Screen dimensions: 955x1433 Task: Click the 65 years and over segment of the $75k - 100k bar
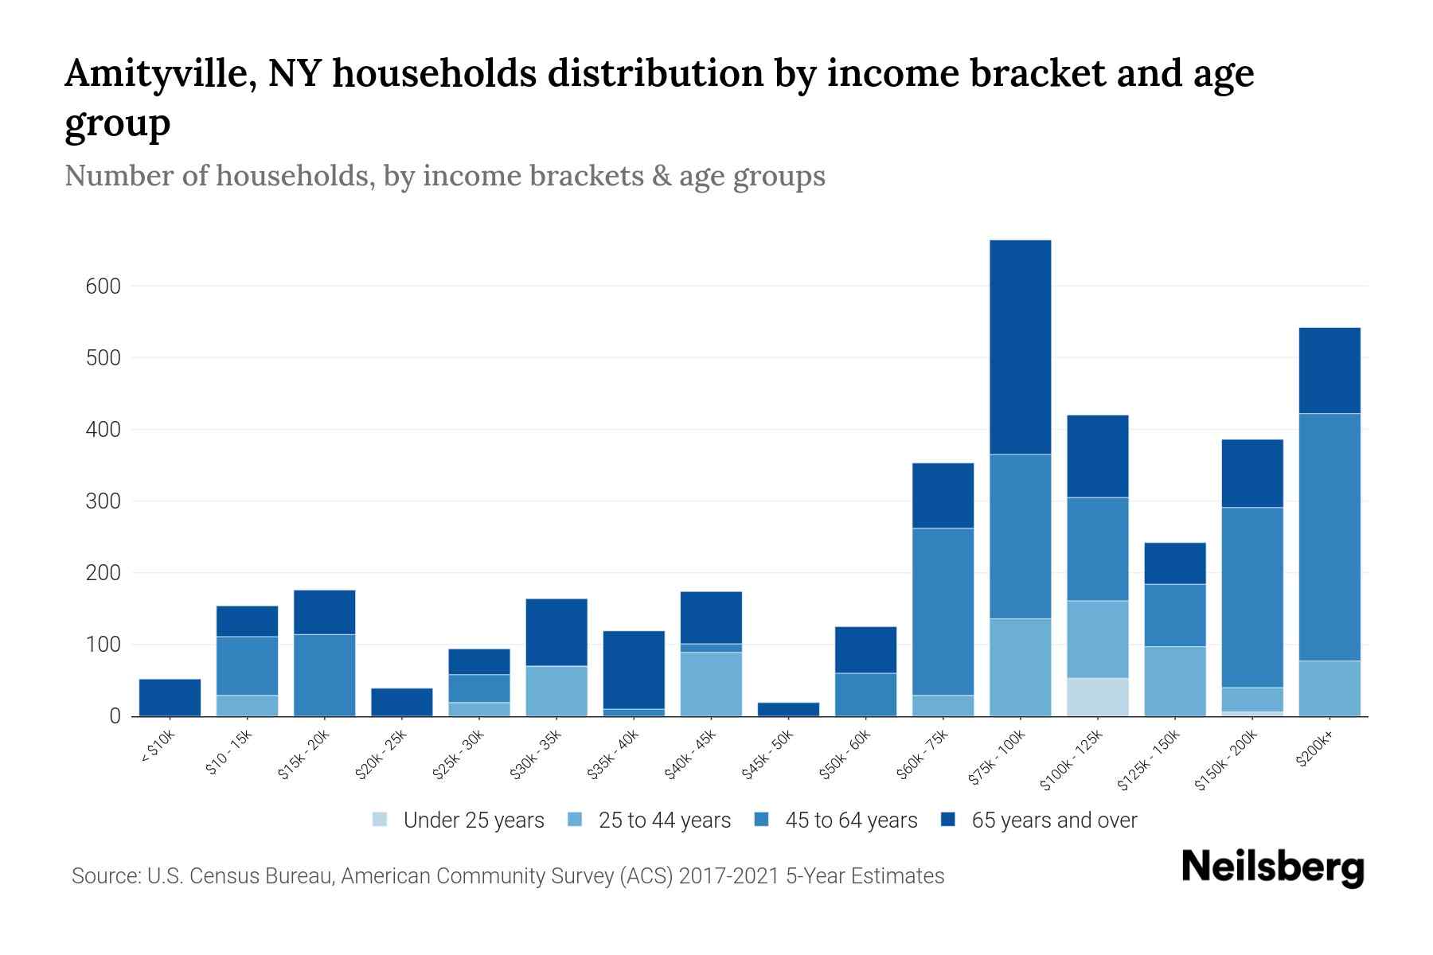pos(1020,347)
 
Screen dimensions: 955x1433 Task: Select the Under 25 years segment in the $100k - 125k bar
pos(1097,697)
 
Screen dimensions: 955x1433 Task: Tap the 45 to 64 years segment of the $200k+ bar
pos(1329,537)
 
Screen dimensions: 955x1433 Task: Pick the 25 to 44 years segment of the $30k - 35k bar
pos(556,691)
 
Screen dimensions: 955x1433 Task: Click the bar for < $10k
pos(170,697)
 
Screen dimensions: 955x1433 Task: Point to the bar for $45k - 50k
pos(788,709)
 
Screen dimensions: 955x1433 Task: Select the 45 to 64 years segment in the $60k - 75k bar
pos(943,611)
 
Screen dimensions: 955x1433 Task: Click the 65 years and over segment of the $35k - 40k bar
pos(634,669)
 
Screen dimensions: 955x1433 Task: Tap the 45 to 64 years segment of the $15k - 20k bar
pos(324,675)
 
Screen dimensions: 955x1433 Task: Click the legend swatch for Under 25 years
pos(381,820)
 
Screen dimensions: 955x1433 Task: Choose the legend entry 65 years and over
pos(1053,821)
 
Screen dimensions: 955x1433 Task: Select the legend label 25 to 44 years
pos(664,821)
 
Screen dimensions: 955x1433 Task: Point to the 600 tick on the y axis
pos(103,286)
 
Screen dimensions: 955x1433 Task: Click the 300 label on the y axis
pos(103,501)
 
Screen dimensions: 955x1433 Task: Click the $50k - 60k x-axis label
pos(845,756)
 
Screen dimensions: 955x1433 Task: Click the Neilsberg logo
pos(1272,868)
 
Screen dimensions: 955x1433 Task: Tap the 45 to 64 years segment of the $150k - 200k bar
pos(1251,597)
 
